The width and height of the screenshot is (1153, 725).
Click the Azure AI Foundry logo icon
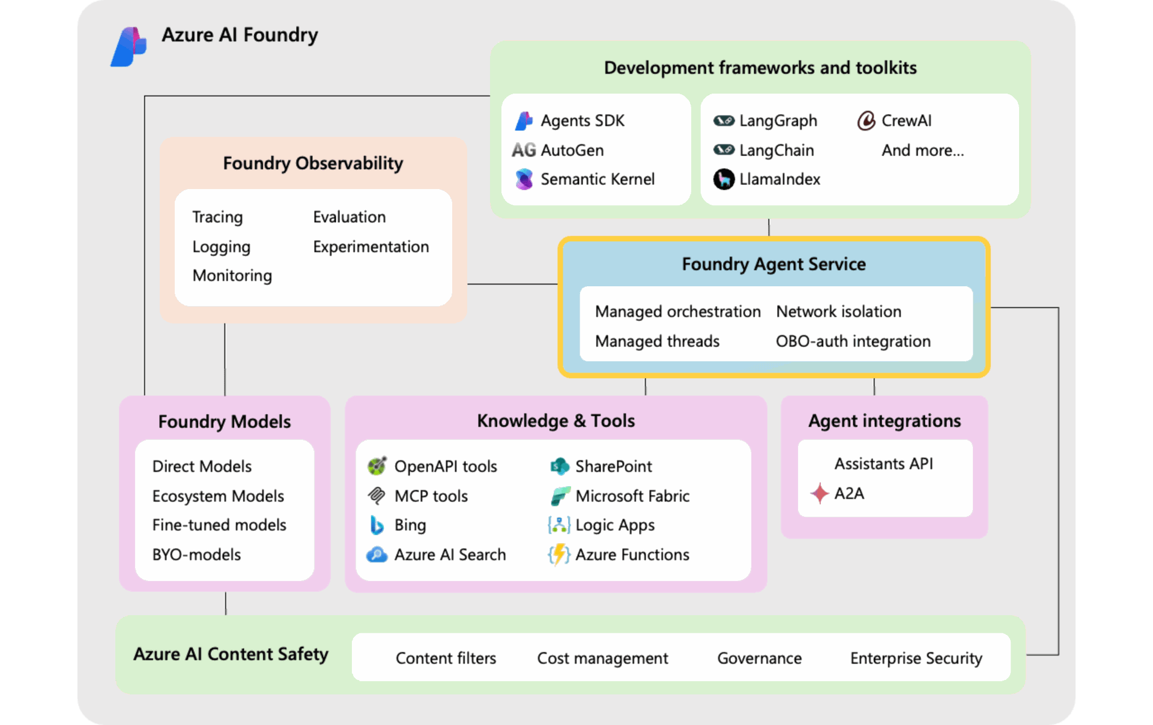(129, 46)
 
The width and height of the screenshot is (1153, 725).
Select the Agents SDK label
(583, 121)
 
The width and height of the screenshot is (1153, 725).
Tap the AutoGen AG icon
(524, 150)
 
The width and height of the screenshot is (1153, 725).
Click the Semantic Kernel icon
(524, 179)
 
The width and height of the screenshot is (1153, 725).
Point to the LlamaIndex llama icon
(724, 179)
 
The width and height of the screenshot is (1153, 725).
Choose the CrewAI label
(906, 121)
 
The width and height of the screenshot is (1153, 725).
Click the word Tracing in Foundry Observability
(217, 217)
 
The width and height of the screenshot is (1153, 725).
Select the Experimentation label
(371, 247)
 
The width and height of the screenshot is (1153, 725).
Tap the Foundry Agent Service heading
(773, 264)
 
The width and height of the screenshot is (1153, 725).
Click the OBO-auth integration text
(853, 341)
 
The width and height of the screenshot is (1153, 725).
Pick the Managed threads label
(657, 341)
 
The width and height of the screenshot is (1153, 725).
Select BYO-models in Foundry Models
(196, 555)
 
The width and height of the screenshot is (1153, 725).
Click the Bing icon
(377, 525)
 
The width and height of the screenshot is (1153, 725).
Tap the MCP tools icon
(377, 496)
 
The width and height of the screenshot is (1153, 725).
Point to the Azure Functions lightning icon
(559, 555)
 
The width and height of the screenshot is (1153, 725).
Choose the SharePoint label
(613, 466)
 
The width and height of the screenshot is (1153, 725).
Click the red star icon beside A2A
(819, 493)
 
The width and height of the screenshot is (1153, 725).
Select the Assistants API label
(883, 464)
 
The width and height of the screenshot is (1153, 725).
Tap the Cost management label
(602, 658)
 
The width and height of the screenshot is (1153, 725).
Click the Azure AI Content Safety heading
(231, 654)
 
